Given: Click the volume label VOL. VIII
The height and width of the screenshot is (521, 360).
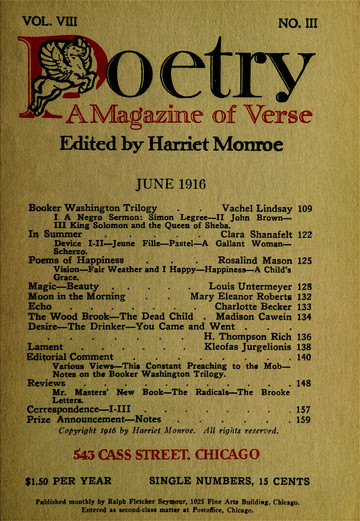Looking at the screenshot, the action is pos(51,15).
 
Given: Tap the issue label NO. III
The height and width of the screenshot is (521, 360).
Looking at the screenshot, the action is pos(311,16).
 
